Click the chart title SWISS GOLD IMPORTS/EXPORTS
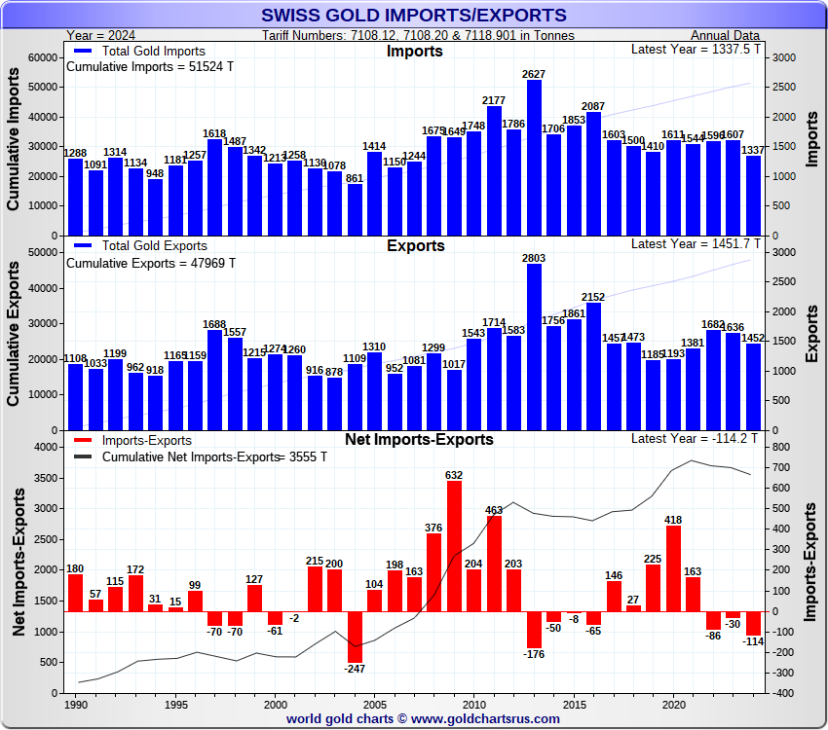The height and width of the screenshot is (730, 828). click(414, 15)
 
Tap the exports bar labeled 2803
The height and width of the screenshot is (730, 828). click(534, 347)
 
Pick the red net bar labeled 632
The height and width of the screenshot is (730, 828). click(454, 546)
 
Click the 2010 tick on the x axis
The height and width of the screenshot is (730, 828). click(473, 703)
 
